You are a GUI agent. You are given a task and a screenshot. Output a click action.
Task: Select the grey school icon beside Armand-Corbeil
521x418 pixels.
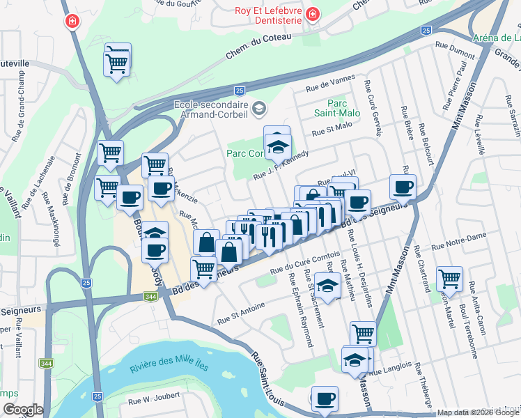point(259,108)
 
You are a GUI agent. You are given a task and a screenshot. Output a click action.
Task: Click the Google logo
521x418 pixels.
point(22,410)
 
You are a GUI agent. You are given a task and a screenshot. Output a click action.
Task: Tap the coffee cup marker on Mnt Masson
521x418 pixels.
point(403,187)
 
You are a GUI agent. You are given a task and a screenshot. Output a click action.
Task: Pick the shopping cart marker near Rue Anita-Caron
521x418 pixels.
point(450,279)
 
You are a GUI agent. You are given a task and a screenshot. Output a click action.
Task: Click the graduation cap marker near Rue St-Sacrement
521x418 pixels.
point(327,285)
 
